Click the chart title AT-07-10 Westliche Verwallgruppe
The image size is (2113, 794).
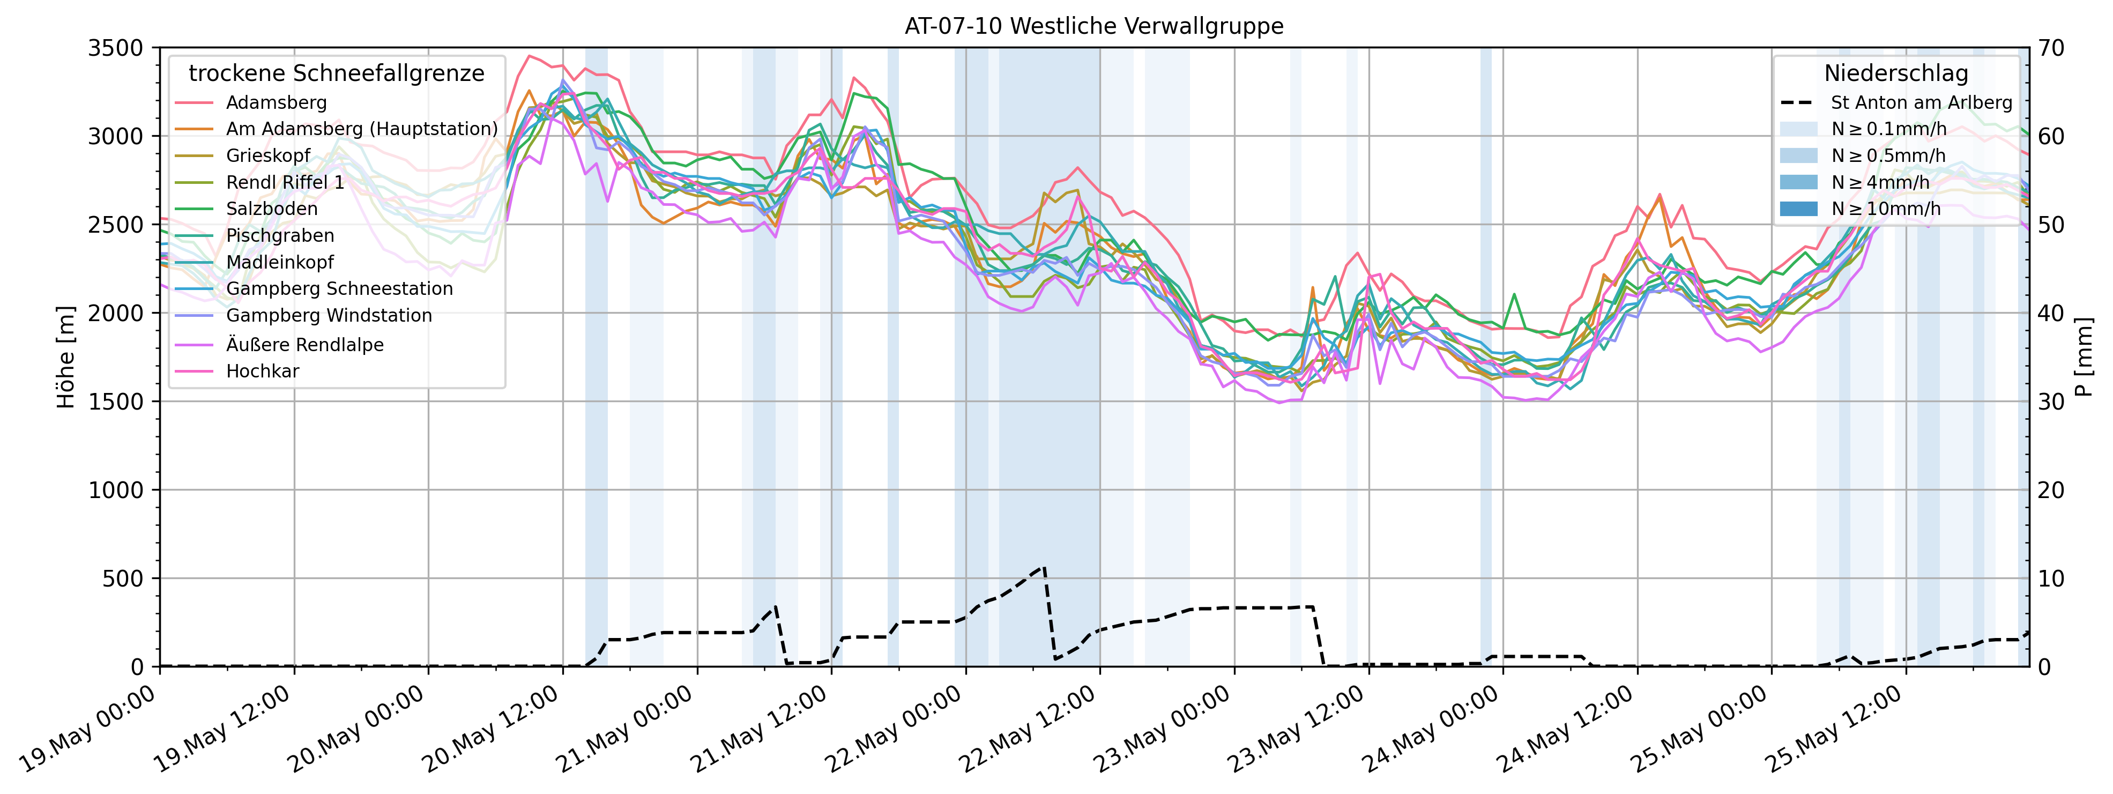[x=1093, y=26]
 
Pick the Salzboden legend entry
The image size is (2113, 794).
[x=272, y=209]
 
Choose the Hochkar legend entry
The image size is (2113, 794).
[x=263, y=371]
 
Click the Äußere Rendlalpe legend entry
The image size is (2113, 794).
[x=304, y=345]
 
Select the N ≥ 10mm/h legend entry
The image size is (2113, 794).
[x=1886, y=209]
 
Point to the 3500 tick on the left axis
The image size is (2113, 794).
[x=115, y=48]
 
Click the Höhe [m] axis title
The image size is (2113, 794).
[x=65, y=357]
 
